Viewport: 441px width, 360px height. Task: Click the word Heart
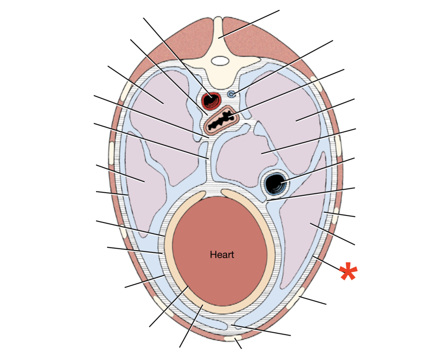tap(222, 255)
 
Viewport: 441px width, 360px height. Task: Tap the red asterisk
tap(348, 271)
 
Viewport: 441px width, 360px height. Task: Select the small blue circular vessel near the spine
tap(231, 94)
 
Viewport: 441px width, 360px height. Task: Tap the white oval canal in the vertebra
tap(220, 61)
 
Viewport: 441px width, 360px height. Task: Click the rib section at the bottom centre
tap(233, 338)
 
